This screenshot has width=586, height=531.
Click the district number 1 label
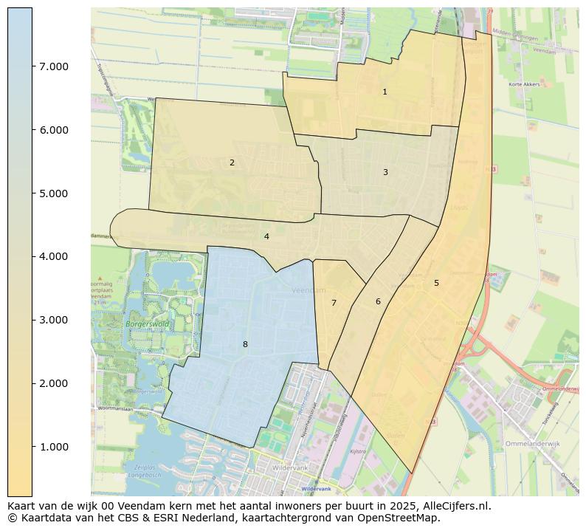[385, 92]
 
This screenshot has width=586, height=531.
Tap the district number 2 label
[232, 162]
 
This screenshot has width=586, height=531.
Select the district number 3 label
[385, 172]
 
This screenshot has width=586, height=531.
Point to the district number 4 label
[266, 237]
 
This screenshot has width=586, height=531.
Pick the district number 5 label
[436, 283]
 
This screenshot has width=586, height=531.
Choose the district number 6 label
[378, 301]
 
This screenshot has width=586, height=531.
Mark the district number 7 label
[334, 303]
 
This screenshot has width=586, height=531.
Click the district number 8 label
[245, 344]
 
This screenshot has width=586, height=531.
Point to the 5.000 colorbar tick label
[54, 193]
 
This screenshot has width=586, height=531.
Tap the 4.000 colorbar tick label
[54, 256]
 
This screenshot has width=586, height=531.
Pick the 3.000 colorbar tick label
[54, 320]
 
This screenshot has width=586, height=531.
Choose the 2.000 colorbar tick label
[54, 383]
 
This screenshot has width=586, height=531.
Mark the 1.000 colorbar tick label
[54, 447]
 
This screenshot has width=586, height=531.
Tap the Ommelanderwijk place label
[535, 444]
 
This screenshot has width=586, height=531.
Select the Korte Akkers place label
[524, 84]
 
